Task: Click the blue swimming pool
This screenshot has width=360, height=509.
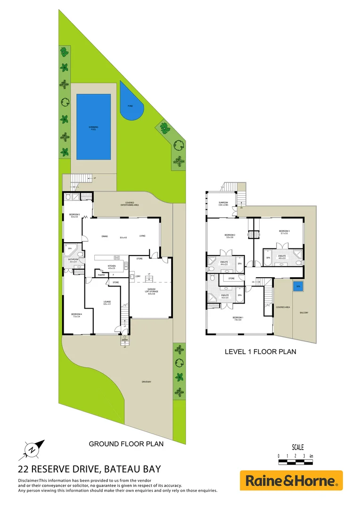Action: [94, 126]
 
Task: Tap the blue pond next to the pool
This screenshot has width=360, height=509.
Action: [130, 105]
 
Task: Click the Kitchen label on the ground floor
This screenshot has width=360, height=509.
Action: [112, 267]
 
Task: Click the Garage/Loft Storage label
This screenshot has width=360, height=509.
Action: [151, 291]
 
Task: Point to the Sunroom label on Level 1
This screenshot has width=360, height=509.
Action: [223, 204]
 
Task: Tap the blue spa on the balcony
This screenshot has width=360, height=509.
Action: [298, 286]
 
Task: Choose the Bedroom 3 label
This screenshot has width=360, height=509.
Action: [284, 231]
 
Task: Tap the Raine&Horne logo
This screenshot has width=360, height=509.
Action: [291, 481]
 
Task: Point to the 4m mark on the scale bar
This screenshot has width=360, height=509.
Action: [311, 456]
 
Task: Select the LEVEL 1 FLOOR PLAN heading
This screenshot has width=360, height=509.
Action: [260, 352]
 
